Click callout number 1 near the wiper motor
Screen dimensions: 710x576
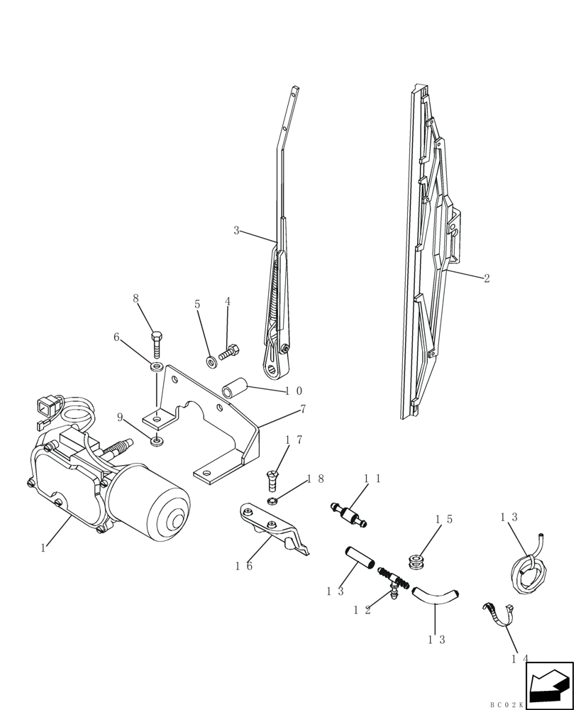[43, 547]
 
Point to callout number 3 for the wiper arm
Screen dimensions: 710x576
[236, 230]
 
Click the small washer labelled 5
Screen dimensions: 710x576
[211, 362]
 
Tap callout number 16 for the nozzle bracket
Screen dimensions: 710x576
[243, 566]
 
